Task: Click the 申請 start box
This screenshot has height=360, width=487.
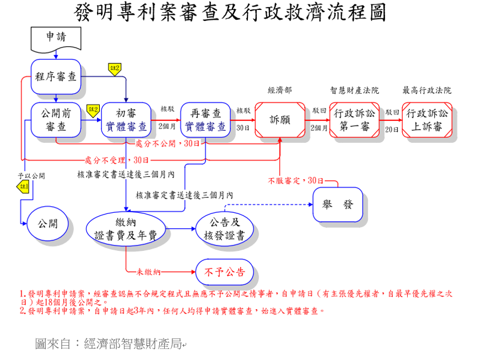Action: pyautogui.click(x=56, y=37)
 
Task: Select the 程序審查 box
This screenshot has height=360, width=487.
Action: pyautogui.click(x=56, y=76)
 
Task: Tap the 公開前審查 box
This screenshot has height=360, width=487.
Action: pyautogui.click(x=56, y=120)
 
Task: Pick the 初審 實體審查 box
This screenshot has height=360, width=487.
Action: pyautogui.click(x=126, y=120)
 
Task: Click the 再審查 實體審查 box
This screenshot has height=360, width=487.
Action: pyautogui.click(x=205, y=120)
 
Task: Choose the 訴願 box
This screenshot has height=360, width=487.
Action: pyautogui.click(x=280, y=120)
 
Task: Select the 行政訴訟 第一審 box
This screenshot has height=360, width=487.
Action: pyautogui.click(x=354, y=120)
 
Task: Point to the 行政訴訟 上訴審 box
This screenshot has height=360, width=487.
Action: pyautogui.click(x=427, y=120)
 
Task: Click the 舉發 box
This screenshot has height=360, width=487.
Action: pyautogui.click(x=338, y=205)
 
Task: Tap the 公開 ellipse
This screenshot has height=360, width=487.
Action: pyautogui.click(x=47, y=223)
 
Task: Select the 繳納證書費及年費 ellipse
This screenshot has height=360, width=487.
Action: pyautogui.click(x=126, y=228)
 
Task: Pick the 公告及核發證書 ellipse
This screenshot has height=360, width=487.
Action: pyautogui.click(x=224, y=229)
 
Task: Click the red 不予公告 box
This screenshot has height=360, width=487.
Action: pyautogui.click(x=224, y=272)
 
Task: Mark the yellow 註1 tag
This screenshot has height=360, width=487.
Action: pyautogui.click(x=23, y=187)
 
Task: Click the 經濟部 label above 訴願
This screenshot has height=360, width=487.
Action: pyautogui.click(x=279, y=90)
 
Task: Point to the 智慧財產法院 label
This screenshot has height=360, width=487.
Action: pyautogui.click(x=354, y=90)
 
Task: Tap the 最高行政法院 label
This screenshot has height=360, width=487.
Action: pyautogui.click(x=427, y=90)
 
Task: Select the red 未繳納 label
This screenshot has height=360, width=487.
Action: pyautogui.click(x=149, y=272)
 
